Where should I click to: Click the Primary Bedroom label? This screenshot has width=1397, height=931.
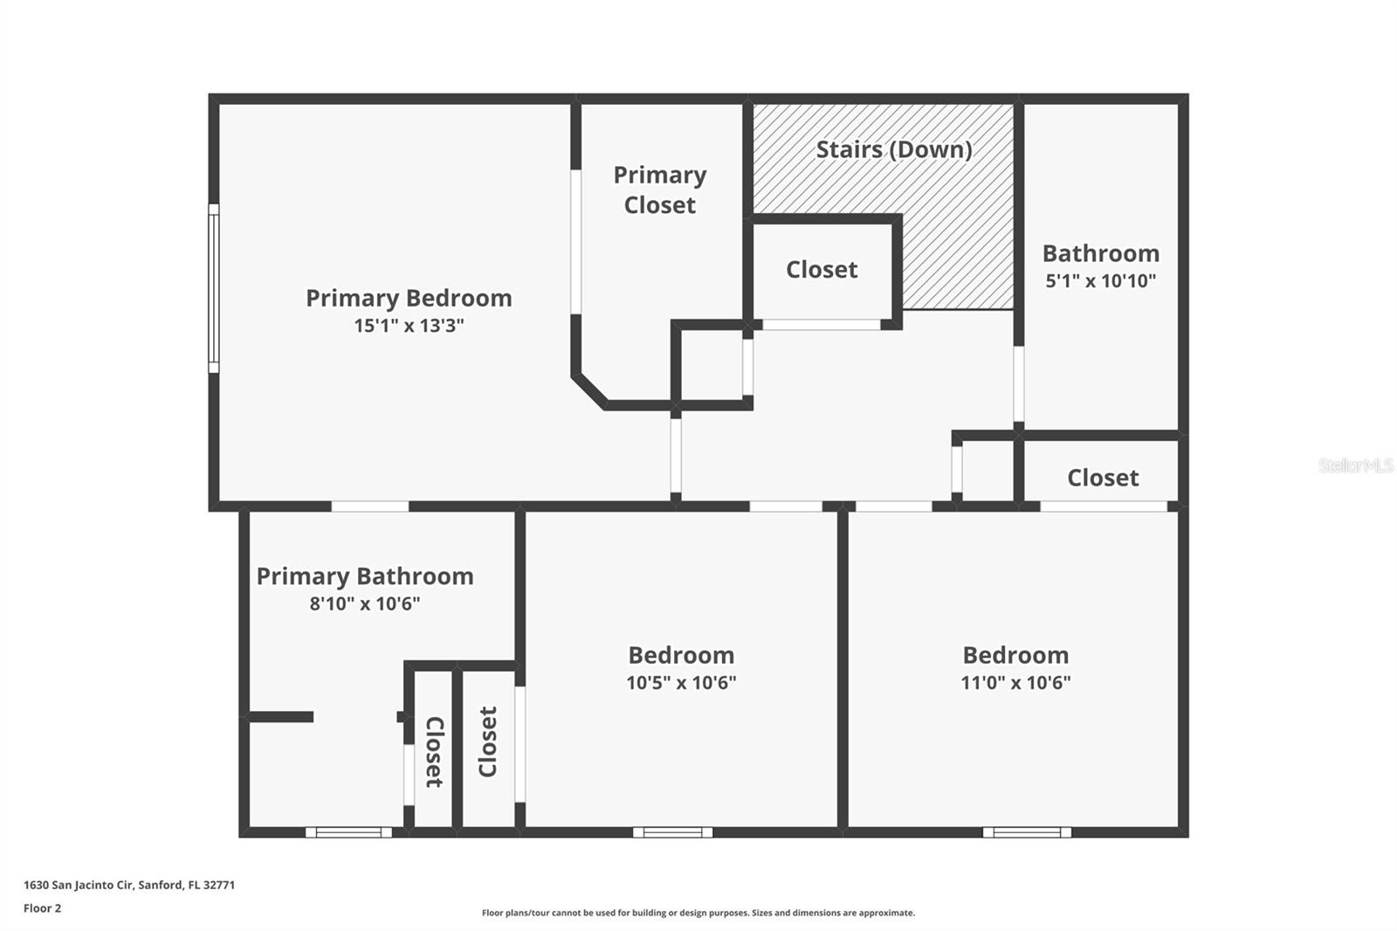(409, 298)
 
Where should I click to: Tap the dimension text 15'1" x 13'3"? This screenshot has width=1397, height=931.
(409, 326)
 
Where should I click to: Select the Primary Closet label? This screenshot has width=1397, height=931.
(660, 190)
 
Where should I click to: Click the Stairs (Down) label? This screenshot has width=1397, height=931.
(894, 149)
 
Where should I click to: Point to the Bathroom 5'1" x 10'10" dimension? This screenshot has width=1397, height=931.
(1100, 280)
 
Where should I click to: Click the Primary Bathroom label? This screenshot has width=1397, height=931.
(365, 576)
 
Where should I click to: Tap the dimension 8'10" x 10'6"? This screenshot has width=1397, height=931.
(365, 603)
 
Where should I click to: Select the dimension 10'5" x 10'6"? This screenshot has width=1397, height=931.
(681, 683)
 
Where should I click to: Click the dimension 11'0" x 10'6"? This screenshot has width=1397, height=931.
(1015, 683)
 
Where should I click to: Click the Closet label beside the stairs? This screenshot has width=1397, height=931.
(822, 270)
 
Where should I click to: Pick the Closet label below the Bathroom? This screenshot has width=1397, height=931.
(1103, 478)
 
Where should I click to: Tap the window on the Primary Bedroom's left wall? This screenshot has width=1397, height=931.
(213, 288)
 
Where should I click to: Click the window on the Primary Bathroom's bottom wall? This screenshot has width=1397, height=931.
(348, 832)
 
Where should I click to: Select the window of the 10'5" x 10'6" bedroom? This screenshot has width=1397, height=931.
(672, 832)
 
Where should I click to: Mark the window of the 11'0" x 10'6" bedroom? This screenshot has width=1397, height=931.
(1027, 832)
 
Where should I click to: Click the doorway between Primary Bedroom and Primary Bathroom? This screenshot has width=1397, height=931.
(369, 507)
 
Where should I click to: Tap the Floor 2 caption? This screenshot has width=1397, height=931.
(42, 908)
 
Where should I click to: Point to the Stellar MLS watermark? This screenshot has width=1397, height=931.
(1355, 465)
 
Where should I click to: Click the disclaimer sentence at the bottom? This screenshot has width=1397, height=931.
(698, 914)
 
